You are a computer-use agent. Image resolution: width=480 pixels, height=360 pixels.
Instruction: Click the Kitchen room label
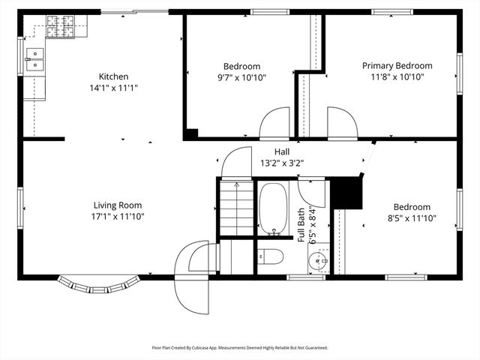114,76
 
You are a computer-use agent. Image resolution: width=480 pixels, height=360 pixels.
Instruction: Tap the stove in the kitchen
60,27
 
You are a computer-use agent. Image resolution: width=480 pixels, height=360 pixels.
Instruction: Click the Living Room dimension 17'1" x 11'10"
118,217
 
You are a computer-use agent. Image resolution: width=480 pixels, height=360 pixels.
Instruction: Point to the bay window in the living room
99,284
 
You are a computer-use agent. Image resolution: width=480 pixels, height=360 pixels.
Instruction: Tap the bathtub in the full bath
273,208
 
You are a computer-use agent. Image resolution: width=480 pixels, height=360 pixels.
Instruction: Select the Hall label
282,151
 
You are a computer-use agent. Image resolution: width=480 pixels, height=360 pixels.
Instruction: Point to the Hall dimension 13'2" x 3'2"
282,163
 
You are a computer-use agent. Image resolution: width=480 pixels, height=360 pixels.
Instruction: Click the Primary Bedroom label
397,66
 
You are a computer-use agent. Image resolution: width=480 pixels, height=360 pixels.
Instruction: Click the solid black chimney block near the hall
346,193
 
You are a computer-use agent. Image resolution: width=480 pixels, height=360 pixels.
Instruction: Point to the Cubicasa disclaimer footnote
240,348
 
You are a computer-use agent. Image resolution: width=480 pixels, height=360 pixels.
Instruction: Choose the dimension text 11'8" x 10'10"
397,77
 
